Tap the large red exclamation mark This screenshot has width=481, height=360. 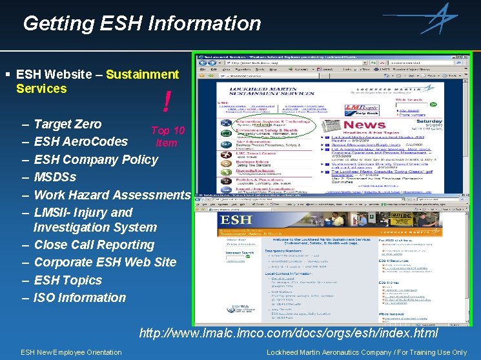click(167, 101)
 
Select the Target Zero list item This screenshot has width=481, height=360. click(68, 124)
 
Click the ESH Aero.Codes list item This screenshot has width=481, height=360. click(81, 141)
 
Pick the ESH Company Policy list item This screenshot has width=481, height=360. click(96, 159)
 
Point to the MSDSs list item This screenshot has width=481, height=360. click(55, 177)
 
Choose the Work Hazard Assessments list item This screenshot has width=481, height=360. click(112, 195)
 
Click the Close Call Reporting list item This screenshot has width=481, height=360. click(94, 245)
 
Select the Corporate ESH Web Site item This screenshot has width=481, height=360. click(105, 262)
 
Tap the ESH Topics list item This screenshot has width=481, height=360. click(68, 280)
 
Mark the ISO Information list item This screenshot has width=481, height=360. click(80, 297)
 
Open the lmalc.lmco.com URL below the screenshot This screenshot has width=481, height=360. click(289, 334)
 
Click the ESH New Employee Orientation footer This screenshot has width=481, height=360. click(71, 352)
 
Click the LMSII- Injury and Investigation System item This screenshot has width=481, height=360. click(95, 219)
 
